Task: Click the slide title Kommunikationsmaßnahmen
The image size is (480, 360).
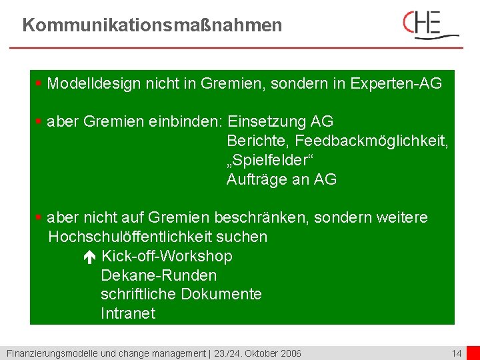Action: coord(152,26)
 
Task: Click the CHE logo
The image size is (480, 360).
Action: coord(431,25)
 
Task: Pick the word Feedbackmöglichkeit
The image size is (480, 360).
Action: coord(371,141)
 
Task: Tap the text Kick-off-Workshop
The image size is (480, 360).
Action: coord(167,257)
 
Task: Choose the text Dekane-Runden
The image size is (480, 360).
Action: coord(159,275)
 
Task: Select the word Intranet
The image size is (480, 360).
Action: coord(128,313)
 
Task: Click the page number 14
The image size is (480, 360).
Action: coord(457,353)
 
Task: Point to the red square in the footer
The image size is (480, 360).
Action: coord(473,353)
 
